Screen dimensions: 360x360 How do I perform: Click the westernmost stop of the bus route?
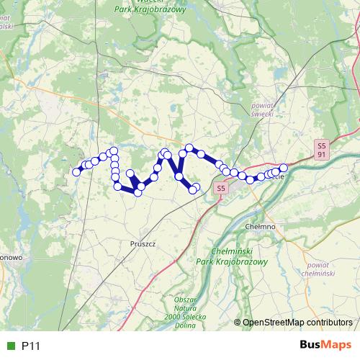[76, 172]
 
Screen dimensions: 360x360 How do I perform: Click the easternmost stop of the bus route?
[283, 168]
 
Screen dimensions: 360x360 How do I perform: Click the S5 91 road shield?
[322, 149]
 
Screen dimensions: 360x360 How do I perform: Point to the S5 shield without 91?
[221, 188]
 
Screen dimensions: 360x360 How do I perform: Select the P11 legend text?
[31, 346]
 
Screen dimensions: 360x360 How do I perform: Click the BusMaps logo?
[325, 346]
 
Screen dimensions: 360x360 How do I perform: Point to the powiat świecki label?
[258, 109]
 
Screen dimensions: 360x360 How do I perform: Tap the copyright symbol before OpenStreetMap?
[238, 323]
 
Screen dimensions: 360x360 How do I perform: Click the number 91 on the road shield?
[322, 154]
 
